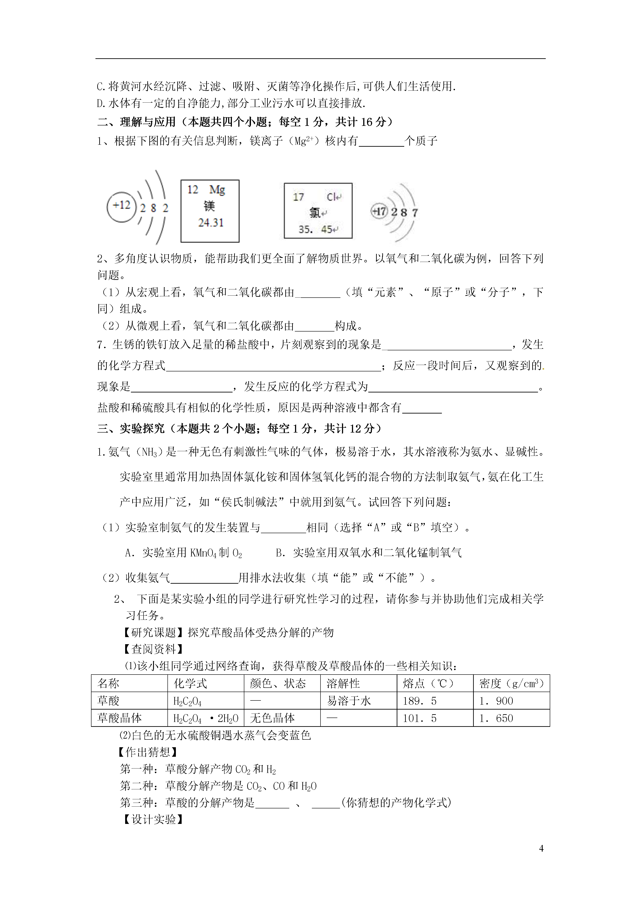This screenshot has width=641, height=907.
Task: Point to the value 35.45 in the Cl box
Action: click(315, 229)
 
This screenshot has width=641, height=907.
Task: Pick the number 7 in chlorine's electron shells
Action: click(415, 213)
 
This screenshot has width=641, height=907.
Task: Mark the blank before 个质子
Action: click(381, 141)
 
